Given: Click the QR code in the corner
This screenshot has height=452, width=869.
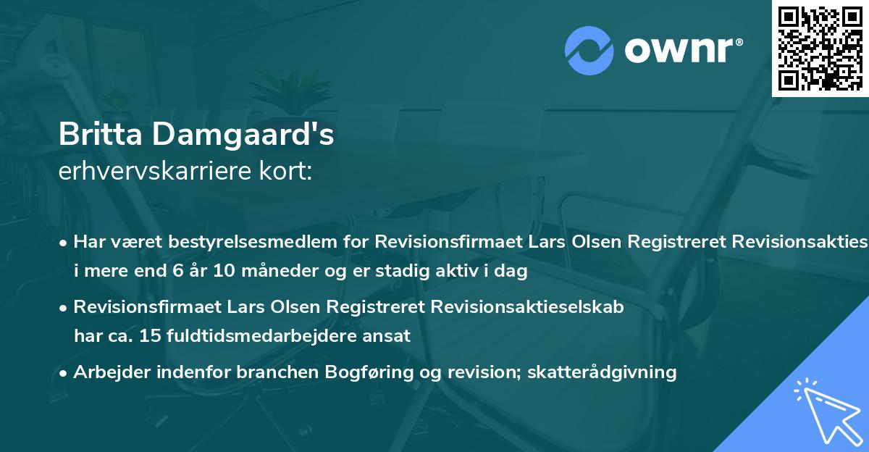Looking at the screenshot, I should [x=820, y=48].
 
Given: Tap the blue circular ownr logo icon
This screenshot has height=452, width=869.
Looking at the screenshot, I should [x=589, y=51].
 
